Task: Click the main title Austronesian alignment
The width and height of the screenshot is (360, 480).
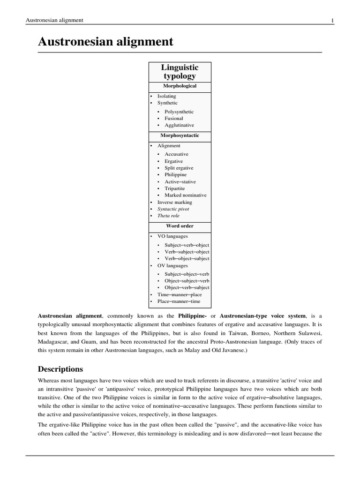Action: pyautogui.click(x=105, y=42)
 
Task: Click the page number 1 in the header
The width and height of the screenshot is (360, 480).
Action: pyautogui.click(x=332, y=20)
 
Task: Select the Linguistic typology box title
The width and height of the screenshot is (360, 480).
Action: pyautogui.click(x=180, y=72)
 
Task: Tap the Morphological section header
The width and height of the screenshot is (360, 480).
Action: pyautogui.click(x=180, y=86)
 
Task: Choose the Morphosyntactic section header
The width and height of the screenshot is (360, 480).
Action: pyautogui.click(x=180, y=135)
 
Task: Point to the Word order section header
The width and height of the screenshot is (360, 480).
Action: pyautogui.click(x=180, y=226)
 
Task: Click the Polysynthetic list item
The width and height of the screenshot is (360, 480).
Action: pyautogui.click(x=179, y=112)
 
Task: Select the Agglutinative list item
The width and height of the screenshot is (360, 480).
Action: pyautogui.click(x=179, y=125)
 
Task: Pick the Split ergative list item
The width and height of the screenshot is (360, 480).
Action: pyautogui.click(x=179, y=168)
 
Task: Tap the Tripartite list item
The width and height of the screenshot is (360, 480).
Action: pyautogui.click(x=174, y=188)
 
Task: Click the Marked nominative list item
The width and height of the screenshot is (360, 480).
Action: pyautogui.click(x=185, y=195)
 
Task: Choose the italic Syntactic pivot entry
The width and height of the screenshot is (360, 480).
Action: pyautogui.click(x=173, y=209)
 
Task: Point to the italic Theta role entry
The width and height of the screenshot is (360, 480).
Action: pyautogui.click(x=168, y=216)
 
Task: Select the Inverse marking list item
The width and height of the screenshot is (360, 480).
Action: pyautogui.click(x=174, y=202)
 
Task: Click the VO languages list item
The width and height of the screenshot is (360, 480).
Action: pyautogui.click(x=172, y=236)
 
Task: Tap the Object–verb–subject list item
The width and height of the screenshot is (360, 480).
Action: pyautogui.click(x=187, y=287)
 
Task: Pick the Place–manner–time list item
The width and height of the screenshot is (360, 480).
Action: pyautogui.click(x=179, y=301)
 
